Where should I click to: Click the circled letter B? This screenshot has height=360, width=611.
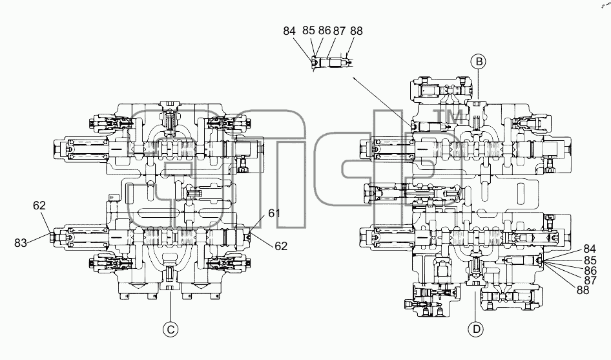(478, 61)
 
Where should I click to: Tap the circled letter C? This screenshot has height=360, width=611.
(171, 330)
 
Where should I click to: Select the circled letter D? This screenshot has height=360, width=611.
(476, 330)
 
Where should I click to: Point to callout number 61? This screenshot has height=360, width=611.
(274, 213)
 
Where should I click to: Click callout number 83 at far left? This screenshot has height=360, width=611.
(21, 243)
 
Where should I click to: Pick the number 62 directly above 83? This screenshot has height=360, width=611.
(39, 205)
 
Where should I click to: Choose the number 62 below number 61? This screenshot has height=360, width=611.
(281, 246)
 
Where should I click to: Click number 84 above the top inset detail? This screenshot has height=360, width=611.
(289, 31)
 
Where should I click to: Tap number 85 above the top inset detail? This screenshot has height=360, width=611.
(308, 30)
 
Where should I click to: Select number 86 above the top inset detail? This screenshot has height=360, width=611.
(324, 30)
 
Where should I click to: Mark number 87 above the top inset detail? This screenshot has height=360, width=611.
(339, 31)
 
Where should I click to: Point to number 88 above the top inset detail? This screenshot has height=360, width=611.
(356, 31)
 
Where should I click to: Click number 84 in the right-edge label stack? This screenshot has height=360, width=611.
(590, 249)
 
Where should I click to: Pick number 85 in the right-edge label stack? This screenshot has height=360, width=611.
(590, 260)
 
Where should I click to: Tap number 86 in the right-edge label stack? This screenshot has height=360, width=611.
(590, 270)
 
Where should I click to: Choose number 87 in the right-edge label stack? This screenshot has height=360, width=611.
(590, 280)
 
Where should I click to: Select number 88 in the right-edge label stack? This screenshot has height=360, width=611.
(583, 290)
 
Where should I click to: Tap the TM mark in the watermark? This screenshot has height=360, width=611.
(448, 116)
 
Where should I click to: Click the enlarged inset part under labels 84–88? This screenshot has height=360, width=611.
(331, 63)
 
